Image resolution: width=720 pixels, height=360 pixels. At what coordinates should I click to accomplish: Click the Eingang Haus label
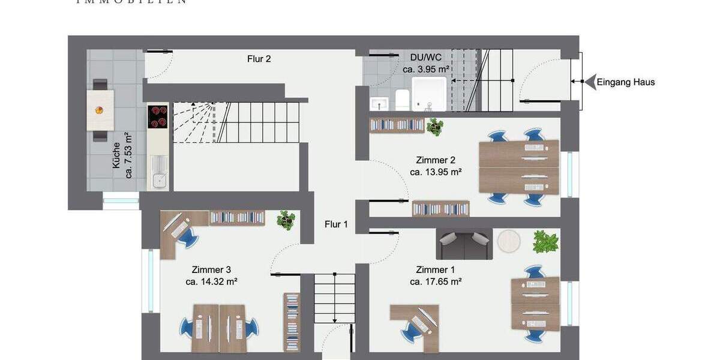click(x=626, y=82)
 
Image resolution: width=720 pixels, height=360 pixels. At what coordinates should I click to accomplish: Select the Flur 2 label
click(x=259, y=59)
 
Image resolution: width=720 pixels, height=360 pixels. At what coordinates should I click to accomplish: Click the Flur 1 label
click(x=336, y=224)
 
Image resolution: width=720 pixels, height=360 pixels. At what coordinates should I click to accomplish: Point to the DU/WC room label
click(x=426, y=58)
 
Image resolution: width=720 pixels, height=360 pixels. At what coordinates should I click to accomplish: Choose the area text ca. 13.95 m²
click(x=436, y=172)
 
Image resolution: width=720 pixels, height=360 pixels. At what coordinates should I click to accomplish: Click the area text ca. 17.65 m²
click(x=436, y=281)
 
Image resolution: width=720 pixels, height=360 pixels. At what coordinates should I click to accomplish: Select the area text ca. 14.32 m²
click(x=211, y=281)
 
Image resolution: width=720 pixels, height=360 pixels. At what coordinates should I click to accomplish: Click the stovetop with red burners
click(x=158, y=116)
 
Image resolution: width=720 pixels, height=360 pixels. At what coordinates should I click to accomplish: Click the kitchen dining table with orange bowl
click(x=100, y=110)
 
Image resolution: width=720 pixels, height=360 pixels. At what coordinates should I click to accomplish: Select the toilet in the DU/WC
click(x=401, y=100)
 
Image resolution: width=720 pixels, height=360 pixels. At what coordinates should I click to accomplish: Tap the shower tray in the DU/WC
click(x=430, y=94)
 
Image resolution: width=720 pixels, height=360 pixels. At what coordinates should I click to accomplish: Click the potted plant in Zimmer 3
click(x=286, y=220)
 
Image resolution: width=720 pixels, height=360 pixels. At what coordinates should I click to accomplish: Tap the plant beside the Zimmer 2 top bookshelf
click(x=435, y=127)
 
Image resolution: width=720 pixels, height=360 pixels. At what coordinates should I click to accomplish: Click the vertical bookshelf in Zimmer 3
click(x=292, y=322)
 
